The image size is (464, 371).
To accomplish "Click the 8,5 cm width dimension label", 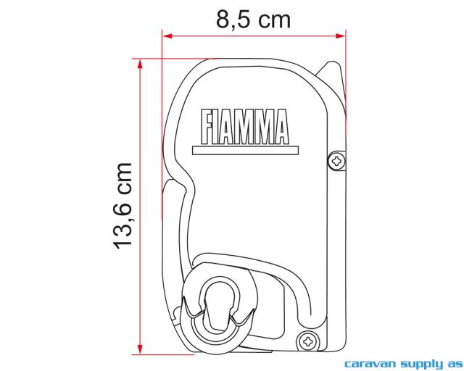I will pyautogui.click(x=253, y=19).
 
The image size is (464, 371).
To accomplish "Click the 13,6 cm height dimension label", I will pyautogui.click(x=123, y=206).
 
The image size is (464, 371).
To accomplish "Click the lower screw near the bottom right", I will pyautogui.click(x=307, y=338).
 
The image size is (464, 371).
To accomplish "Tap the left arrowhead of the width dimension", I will pyautogui.click(x=167, y=35).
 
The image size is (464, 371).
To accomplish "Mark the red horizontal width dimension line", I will pyautogui.click(x=253, y=35).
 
